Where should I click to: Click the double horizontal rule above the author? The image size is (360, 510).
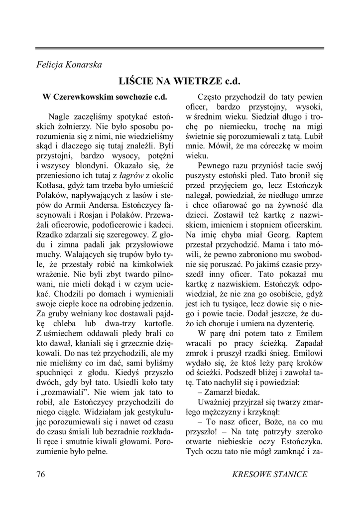[180, 48]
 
